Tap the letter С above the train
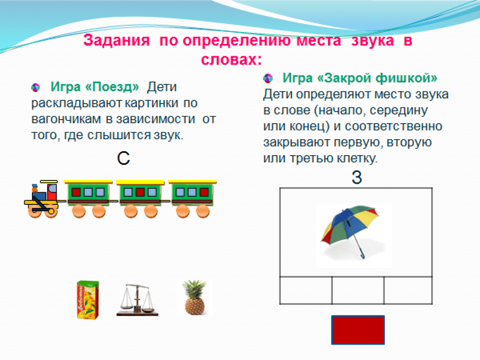(x=123, y=158)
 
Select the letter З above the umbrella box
(x=357, y=177)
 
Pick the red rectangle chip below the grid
(x=358, y=330)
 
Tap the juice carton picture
(x=88, y=300)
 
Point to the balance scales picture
(x=137, y=300)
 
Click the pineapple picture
(x=195, y=297)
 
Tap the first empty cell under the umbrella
(x=306, y=291)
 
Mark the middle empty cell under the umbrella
(x=358, y=291)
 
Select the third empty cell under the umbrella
(x=408, y=291)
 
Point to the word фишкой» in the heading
(x=406, y=78)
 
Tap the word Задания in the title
(x=117, y=40)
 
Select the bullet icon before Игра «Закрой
(x=268, y=78)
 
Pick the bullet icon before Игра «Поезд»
(x=36, y=88)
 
